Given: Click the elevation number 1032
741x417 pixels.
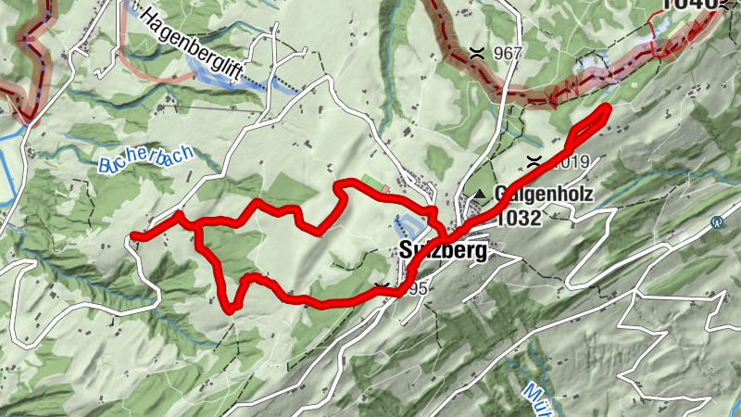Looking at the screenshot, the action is [519, 219].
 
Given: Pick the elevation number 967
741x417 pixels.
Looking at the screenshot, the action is [509, 53].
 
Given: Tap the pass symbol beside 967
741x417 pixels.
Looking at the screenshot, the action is [477, 52].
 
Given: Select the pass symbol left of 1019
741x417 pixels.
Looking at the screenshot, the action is [534, 161].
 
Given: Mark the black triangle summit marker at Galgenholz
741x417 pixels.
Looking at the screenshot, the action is [480, 194].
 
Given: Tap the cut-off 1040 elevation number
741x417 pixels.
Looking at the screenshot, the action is [690, 6].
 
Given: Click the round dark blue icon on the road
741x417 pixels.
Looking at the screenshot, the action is [716, 222].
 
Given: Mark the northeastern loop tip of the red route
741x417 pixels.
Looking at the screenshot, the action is [607, 110].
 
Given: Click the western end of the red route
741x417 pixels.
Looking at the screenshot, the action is [135, 236].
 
